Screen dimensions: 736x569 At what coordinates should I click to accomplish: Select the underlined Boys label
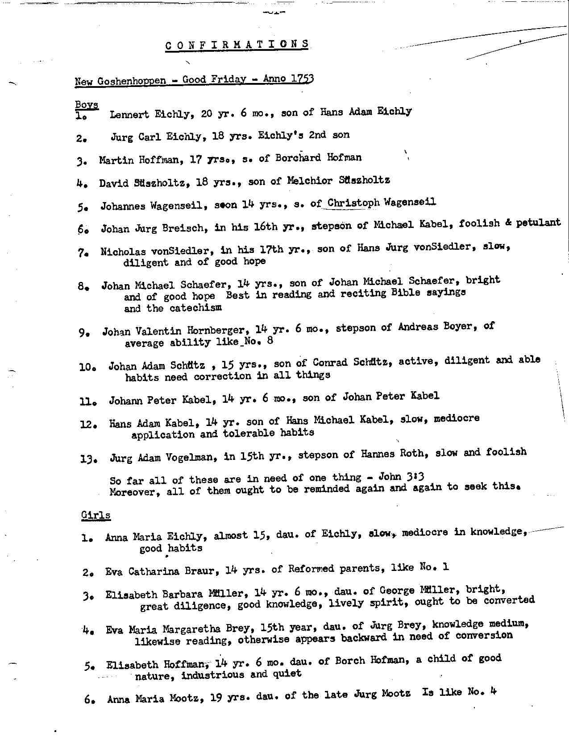[x=87, y=105]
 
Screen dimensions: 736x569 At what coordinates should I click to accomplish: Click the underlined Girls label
[x=96, y=515]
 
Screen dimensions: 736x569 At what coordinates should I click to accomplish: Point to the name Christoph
[x=353, y=203]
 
